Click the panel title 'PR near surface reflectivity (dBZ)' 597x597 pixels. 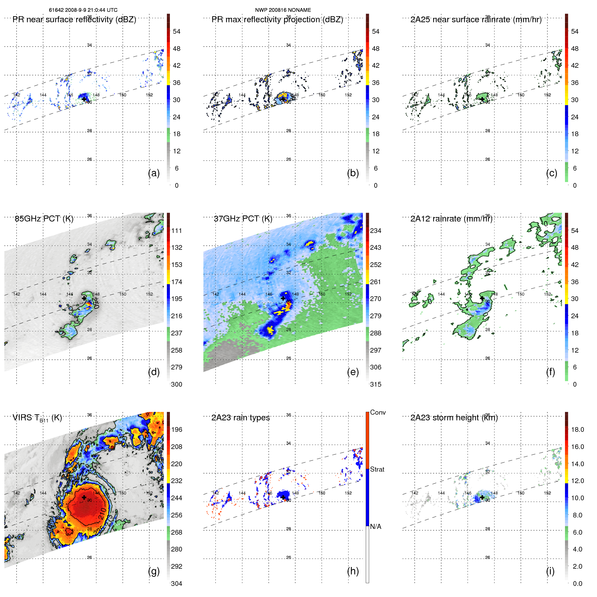74,20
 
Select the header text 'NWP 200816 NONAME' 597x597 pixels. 283,10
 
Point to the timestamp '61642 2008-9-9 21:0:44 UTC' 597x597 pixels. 83,10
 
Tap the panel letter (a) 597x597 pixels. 154,173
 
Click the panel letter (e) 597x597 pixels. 353,372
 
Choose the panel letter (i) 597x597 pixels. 550,571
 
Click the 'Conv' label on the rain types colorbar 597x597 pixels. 378,412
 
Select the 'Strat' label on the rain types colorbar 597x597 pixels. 377,469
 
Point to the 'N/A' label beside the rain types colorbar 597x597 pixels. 376,527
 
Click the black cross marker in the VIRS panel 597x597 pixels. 84,497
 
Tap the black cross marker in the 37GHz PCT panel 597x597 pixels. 283,298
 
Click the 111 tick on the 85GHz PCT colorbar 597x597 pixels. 177,231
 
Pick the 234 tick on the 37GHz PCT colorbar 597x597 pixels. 376,231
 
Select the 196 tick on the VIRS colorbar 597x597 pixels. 177,429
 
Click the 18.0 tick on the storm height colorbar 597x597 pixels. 577,429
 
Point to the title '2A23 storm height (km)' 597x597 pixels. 454,418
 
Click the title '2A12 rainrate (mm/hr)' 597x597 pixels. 451,219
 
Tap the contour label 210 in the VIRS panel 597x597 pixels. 102,513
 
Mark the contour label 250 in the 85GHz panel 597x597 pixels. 95,303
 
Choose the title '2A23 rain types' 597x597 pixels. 240,418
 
